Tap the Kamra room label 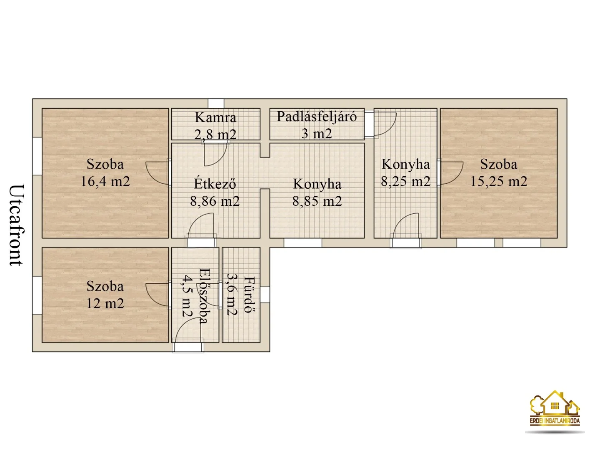(215, 117)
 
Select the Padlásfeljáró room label (317, 116)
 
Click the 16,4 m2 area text (105, 181)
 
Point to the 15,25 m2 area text (499, 181)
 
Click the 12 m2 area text (105, 303)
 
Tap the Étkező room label (215, 184)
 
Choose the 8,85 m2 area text (317, 201)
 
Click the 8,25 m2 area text (405, 181)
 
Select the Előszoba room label (203, 296)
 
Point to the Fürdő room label (249, 295)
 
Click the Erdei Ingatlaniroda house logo (555, 408)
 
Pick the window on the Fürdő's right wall (265, 295)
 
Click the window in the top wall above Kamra (216, 104)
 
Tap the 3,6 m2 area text (232, 295)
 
